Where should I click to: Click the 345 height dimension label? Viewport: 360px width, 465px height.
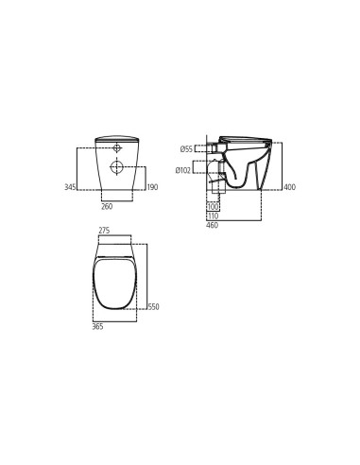click(x=70, y=187)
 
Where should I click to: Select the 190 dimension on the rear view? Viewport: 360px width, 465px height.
click(x=152, y=187)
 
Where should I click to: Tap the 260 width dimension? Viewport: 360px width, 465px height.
click(x=107, y=206)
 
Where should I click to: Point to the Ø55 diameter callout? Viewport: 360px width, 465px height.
click(x=186, y=148)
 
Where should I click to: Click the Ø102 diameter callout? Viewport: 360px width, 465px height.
click(x=183, y=169)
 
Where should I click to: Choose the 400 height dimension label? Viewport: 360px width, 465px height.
click(x=289, y=187)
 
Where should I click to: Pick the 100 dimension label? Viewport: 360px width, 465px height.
click(x=213, y=206)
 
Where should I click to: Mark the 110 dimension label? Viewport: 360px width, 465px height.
click(x=213, y=215)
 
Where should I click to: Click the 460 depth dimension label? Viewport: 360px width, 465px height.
click(x=213, y=225)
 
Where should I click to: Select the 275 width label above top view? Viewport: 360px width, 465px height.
click(x=105, y=231)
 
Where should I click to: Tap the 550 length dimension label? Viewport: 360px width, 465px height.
click(x=153, y=306)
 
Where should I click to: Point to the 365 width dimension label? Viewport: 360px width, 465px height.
click(x=97, y=326)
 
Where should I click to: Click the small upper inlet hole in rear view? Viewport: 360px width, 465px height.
click(x=117, y=148)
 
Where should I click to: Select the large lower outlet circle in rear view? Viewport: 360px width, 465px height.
click(x=117, y=167)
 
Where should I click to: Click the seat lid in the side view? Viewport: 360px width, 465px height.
click(x=246, y=138)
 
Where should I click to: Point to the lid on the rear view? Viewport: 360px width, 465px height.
click(x=117, y=139)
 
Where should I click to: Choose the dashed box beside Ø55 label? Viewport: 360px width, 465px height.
click(x=204, y=148)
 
